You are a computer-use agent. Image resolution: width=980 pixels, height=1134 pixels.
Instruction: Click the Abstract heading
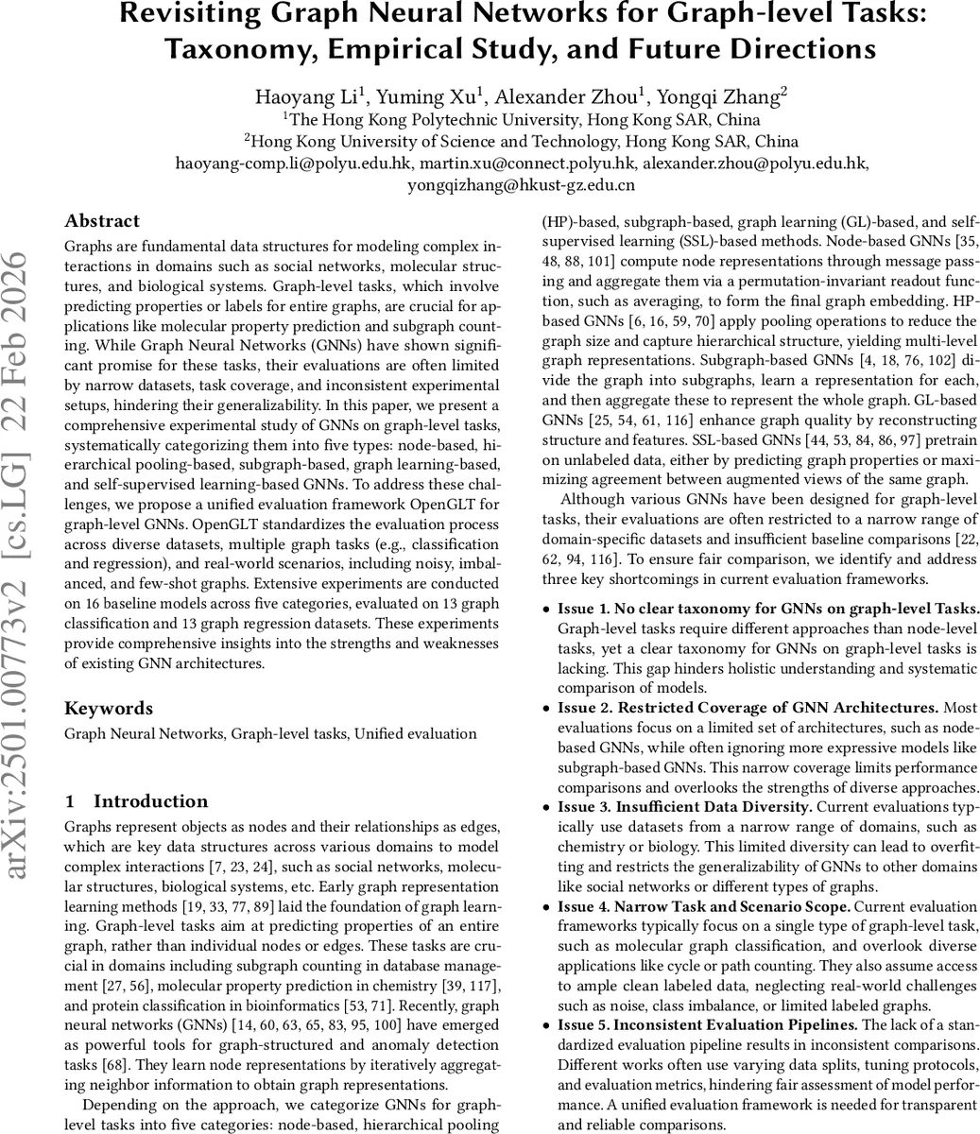click(102, 221)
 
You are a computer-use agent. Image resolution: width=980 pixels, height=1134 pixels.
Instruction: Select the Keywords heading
click(109, 708)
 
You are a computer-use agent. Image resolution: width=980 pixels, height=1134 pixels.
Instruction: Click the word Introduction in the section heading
click(151, 801)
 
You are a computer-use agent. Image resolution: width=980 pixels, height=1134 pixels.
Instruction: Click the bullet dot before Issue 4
click(546, 906)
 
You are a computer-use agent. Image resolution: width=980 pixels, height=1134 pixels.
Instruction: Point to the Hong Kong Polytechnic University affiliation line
click(511, 120)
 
